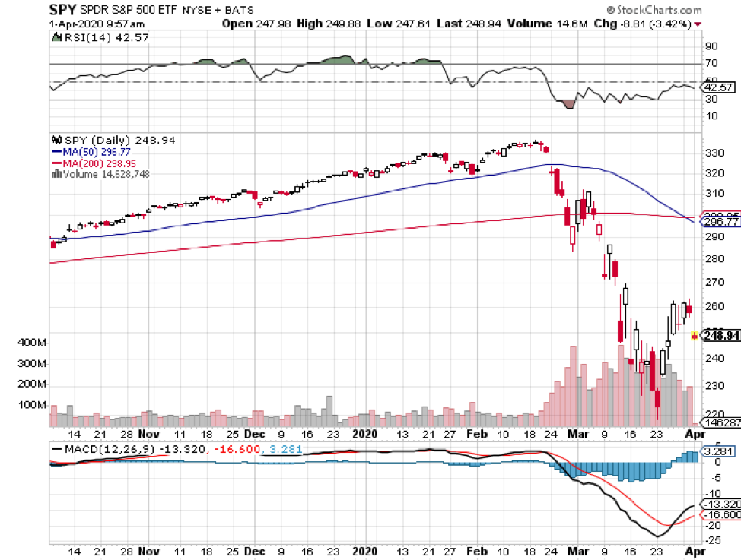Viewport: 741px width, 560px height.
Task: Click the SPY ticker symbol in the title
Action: click(x=64, y=10)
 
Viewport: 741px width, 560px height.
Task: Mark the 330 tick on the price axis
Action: click(x=714, y=153)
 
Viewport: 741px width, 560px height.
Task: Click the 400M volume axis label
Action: click(x=31, y=343)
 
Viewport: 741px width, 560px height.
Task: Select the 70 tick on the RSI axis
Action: click(x=711, y=65)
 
